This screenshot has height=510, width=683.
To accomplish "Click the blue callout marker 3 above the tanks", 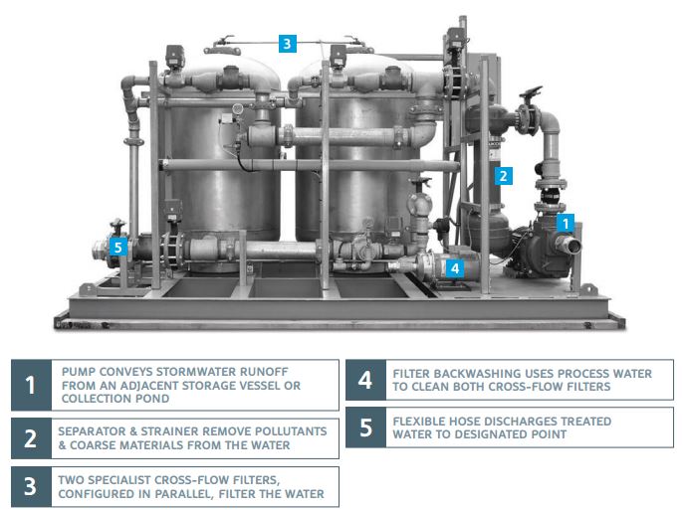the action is [x=288, y=44].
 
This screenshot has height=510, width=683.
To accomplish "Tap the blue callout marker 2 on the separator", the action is [x=503, y=176].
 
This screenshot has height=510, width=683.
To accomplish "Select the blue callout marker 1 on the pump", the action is [x=566, y=224].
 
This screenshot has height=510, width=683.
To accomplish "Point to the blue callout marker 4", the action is [x=455, y=268].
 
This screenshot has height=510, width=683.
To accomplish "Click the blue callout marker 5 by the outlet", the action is [x=118, y=248].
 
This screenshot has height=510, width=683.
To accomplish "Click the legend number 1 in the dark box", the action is [x=31, y=385].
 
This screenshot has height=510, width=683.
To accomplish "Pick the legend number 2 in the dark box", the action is [x=31, y=438].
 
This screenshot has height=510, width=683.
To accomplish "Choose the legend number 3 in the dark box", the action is [x=30, y=486].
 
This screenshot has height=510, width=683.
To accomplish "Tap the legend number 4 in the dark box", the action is [x=365, y=380].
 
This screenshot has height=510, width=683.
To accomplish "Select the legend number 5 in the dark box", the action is [x=366, y=427].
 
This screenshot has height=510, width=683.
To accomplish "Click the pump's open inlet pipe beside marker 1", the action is [x=568, y=244].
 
